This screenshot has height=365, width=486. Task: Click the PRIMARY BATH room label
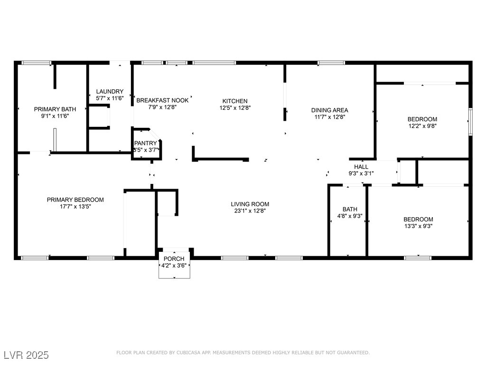[x=55, y=109]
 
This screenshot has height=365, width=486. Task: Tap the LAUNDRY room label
[x=110, y=92]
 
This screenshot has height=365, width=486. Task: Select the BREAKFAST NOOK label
[x=162, y=101]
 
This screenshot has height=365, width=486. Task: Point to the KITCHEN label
[x=235, y=101]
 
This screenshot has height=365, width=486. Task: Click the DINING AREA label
[x=329, y=110]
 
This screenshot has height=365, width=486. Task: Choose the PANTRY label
[x=145, y=144]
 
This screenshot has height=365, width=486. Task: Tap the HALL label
[x=361, y=167]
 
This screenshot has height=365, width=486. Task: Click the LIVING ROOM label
[x=250, y=204]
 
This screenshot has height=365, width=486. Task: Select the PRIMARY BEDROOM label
[x=75, y=200]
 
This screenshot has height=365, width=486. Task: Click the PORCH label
[x=174, y=259]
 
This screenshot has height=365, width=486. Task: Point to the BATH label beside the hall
[x=350, y=210]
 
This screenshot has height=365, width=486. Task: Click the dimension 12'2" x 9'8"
[x=422, y=126]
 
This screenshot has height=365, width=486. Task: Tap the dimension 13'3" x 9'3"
[x=419, y=226]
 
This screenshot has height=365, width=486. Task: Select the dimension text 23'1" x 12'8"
[x=250, y=211]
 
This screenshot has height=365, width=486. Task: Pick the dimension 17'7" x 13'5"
[x=75, y=207]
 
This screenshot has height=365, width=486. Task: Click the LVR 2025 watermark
[x=27, y=355]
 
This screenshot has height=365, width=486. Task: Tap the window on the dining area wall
[x=331, y=63]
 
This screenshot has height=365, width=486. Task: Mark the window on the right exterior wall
[x=470, y=122]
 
